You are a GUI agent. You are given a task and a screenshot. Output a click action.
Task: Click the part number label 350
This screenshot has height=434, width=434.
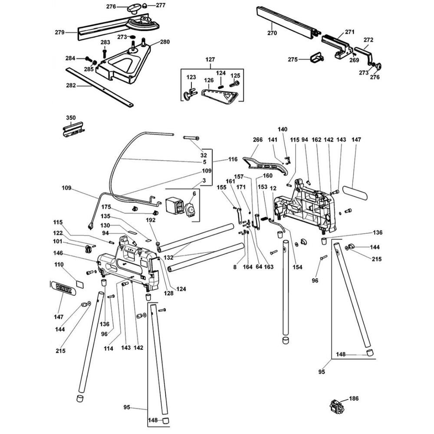click(70, 118)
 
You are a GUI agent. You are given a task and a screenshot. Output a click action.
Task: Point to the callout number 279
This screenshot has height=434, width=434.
click(59, 32)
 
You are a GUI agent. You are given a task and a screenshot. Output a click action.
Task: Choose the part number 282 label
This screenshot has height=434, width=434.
click(71, 85)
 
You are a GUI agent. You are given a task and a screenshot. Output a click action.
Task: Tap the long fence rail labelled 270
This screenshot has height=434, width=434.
click(284, 20)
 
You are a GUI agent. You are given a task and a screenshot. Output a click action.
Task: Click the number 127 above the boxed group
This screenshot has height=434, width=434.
click(210, 59)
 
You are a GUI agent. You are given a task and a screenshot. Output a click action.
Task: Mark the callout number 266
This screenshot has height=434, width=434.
click(258, 140)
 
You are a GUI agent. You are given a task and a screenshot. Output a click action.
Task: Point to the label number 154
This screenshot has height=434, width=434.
click(298, 266)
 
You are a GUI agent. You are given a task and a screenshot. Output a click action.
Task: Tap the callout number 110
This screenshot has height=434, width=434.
click(59, 264)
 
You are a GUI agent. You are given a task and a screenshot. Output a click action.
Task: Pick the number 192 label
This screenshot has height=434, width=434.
click(150, 220)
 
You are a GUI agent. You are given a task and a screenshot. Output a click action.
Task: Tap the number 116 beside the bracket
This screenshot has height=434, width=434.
click(233, 160)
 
